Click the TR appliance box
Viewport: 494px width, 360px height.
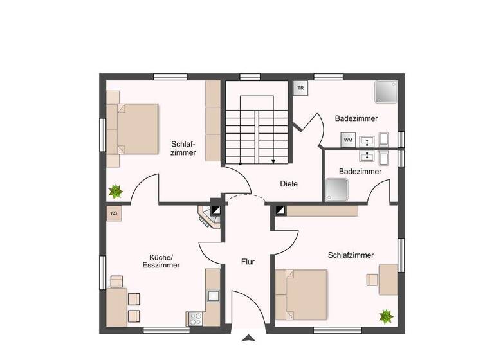[x=300, y=88]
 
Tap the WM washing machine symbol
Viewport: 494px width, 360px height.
[x=348, y=139]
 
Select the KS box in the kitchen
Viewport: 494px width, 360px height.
[x=114, y=213]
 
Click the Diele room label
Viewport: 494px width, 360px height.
[x=289, y=183]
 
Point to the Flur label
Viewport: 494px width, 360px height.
[x=248, y=262]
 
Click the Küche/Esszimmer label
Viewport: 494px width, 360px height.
[x=160, y=260]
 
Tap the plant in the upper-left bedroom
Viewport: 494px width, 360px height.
[x=116, y=190]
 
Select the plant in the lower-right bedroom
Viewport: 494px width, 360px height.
[x=386, y=316]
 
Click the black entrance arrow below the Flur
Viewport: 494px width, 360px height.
[x=248, y=338]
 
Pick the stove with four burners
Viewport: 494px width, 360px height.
[x=195, y=319]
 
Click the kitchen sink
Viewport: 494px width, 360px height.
[x=213, y=296]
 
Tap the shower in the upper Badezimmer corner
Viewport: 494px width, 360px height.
[x=386, y=92]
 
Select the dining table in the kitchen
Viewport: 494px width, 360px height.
[x=116, y=307]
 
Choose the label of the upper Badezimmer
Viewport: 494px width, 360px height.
[x=356, y=118]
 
